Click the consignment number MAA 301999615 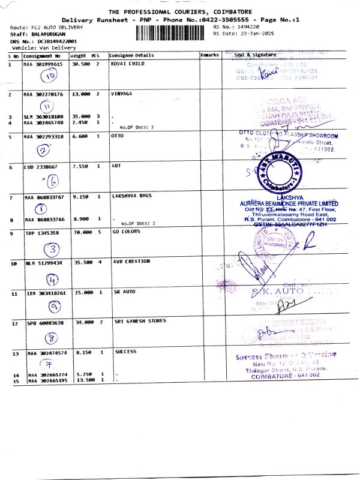43,63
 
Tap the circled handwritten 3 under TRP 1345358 52,249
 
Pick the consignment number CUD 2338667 41,167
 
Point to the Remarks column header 209,55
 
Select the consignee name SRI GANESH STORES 140,322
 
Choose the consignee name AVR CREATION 131,262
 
